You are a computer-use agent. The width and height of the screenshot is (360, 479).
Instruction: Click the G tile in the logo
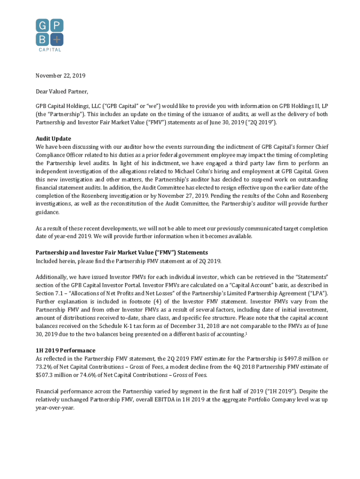tap(43, 26)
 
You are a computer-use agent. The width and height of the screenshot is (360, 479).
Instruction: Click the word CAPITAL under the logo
tap(50, 50)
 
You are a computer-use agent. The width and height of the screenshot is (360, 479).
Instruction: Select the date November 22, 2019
tap(61, 75)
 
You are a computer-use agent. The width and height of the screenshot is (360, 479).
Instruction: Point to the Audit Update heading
tap(53, 138)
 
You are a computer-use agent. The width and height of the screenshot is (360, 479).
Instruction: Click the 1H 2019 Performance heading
tap(65, 350)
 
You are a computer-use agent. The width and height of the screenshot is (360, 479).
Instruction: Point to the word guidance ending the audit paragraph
tap(49, 212)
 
